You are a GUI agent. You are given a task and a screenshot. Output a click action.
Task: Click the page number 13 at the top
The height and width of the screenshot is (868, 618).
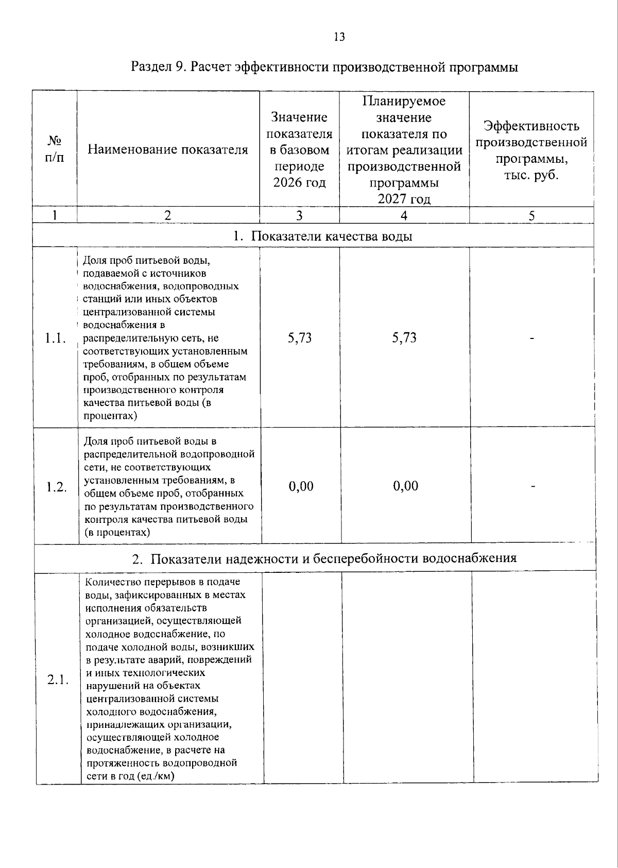coord(339,37)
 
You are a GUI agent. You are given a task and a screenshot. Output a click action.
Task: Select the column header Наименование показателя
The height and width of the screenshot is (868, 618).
coord(168,150)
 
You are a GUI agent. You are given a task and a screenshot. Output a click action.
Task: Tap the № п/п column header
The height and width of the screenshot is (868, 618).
coord(55,149)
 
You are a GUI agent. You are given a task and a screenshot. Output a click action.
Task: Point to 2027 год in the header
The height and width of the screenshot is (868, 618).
coord(404,199)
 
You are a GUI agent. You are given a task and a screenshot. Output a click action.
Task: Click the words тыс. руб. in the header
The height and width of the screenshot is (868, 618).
coord(531,175)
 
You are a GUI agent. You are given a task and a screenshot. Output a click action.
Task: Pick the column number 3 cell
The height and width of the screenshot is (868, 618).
coord(299,216)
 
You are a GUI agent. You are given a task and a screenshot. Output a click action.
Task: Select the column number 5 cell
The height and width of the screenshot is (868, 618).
coord(531,216)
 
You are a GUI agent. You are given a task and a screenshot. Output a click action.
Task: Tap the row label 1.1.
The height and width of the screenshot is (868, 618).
coord(55,338)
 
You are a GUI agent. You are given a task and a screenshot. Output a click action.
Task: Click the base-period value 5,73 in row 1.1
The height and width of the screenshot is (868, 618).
coord(300,338)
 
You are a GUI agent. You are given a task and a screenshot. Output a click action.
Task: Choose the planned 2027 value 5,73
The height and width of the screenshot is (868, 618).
coord(404,338)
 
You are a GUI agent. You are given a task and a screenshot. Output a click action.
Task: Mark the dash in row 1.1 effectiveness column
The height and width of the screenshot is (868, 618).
coord(533,338)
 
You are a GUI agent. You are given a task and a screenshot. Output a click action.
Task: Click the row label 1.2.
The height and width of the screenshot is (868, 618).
coord(56,487)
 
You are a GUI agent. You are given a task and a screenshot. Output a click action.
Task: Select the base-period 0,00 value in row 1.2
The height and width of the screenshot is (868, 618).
coord(301,486)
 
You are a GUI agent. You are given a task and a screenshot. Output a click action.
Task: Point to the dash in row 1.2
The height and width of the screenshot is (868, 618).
coord(534,486)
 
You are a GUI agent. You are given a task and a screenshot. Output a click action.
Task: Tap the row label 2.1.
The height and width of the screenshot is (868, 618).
coord(58,680)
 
